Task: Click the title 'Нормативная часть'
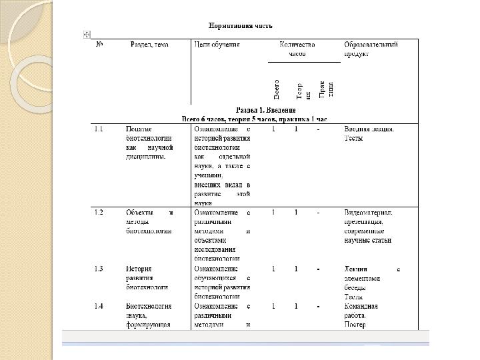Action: [241, 25]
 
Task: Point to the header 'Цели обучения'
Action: [217, 45]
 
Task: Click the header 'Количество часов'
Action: [297, 49]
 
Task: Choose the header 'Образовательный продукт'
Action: [371, 49]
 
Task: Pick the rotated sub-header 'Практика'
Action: [325, 89]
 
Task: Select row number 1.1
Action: [99, 129]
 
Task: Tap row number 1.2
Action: [99, 213]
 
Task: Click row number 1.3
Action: [99, 269]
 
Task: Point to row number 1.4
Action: [99, 307]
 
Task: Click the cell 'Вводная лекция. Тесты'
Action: [369, 134]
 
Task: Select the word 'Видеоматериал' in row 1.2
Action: [368, 213]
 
